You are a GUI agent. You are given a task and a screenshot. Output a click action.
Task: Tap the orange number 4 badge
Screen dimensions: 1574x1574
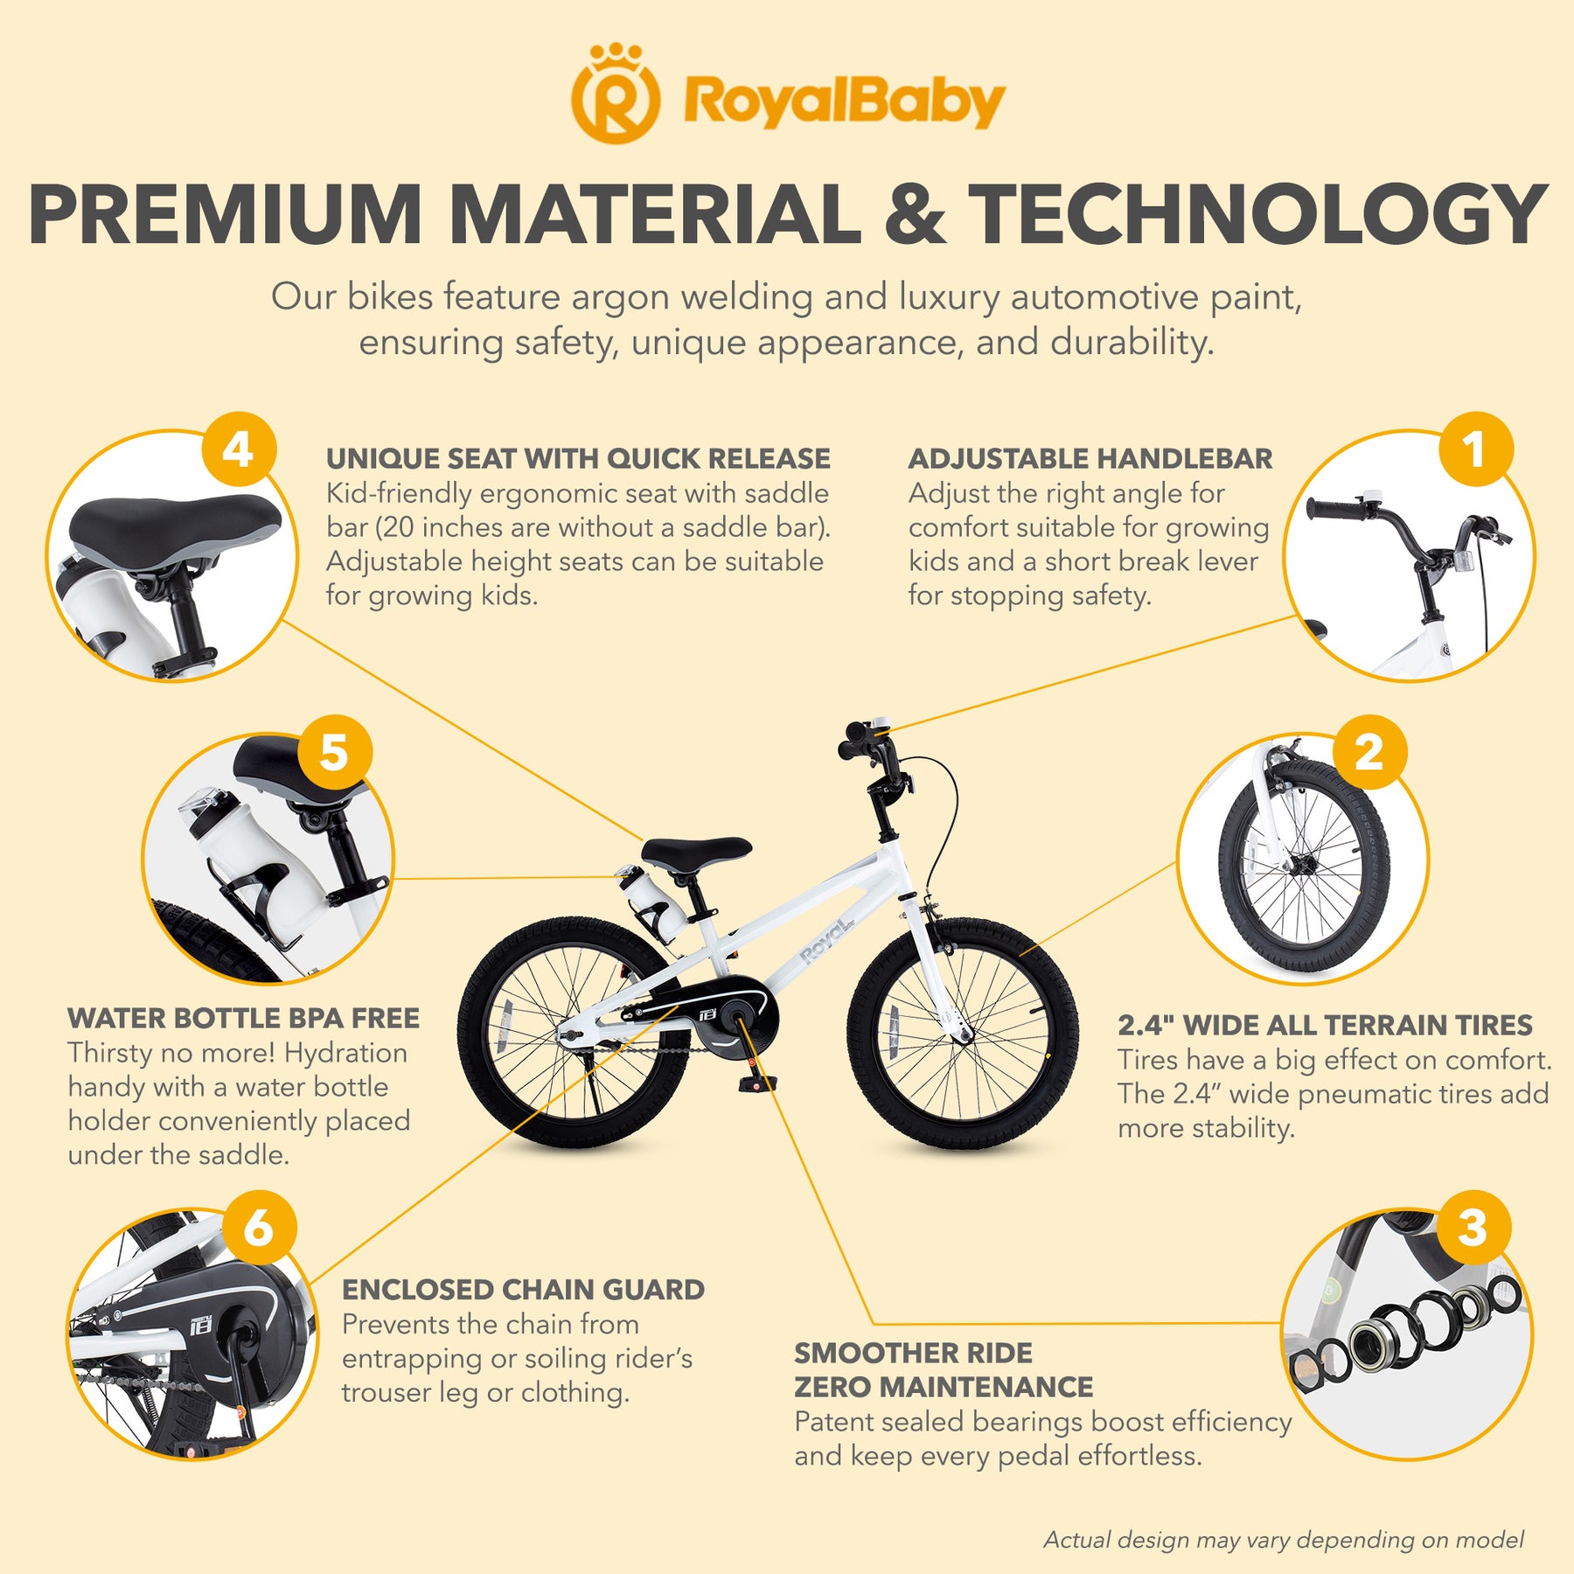click(x=239, y=450)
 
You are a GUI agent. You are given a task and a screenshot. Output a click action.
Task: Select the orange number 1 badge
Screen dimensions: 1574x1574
click(x=1475, y=450)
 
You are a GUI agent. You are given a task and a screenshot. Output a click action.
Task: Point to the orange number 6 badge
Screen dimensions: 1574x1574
click(x=259, y=1228)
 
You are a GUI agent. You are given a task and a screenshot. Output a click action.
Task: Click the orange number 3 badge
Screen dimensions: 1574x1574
click(x=1473, y=1228)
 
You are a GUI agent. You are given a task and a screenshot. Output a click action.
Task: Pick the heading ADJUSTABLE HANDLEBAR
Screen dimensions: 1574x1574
click(x=1090, y=458)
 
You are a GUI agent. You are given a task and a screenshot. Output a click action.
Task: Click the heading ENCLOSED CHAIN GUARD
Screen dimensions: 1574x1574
click(x=523, y=1290)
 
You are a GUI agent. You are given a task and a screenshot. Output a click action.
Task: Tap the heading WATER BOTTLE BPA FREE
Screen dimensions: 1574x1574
click(x=243, y=1019)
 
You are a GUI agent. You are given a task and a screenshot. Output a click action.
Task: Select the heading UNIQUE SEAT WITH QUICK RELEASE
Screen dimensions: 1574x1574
click(x=578, y=458)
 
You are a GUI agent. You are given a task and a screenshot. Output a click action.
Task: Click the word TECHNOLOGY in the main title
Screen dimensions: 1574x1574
click(x=1257, y=214)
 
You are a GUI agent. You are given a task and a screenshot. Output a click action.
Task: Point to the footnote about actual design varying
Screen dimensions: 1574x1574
click(x=1284, y=1540)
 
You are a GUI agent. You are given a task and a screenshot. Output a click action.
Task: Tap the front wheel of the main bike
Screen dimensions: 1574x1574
click(x=963, y=1033)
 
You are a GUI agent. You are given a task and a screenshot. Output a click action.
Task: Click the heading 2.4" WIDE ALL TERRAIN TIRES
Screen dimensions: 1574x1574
click(x=1325, y=1025)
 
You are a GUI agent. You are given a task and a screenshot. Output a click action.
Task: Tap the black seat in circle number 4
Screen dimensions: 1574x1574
click(x=175, y=522)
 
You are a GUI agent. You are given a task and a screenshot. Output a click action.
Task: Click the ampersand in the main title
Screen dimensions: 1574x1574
click(x=915, y=214)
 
